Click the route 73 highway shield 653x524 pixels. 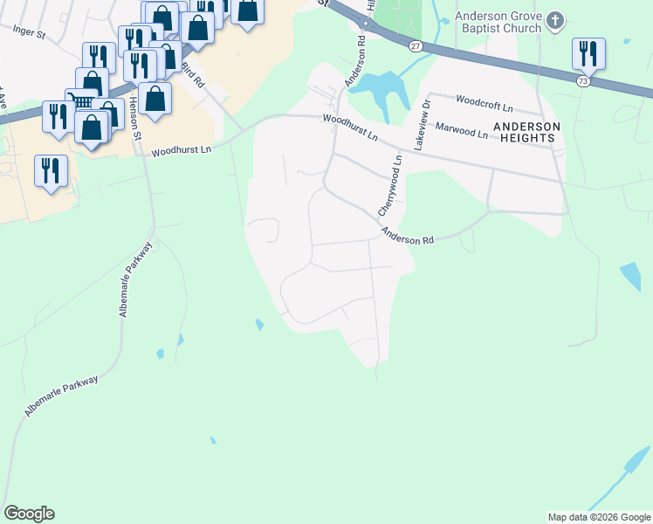point(582,80)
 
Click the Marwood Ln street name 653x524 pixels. point(461,131)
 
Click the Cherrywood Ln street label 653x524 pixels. point(390,185)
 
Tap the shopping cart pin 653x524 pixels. point(81,100)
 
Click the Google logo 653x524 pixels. point(29,514)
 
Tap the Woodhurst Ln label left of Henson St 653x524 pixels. point(182,151)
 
